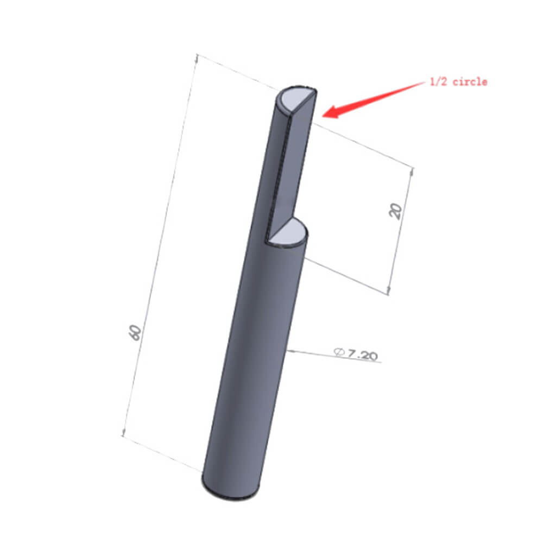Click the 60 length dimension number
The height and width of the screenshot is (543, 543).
pyautogui.click(x=135, y=332)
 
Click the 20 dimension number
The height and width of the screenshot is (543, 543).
pyautogui.click(x=395, y=211)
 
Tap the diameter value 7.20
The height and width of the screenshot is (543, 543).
pyautogui.click(x=363, y=355)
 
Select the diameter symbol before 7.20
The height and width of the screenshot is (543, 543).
pyautogui.click(x=339, y=352)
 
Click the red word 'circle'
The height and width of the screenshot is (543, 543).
pyautogui.click(x=470, y=82)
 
